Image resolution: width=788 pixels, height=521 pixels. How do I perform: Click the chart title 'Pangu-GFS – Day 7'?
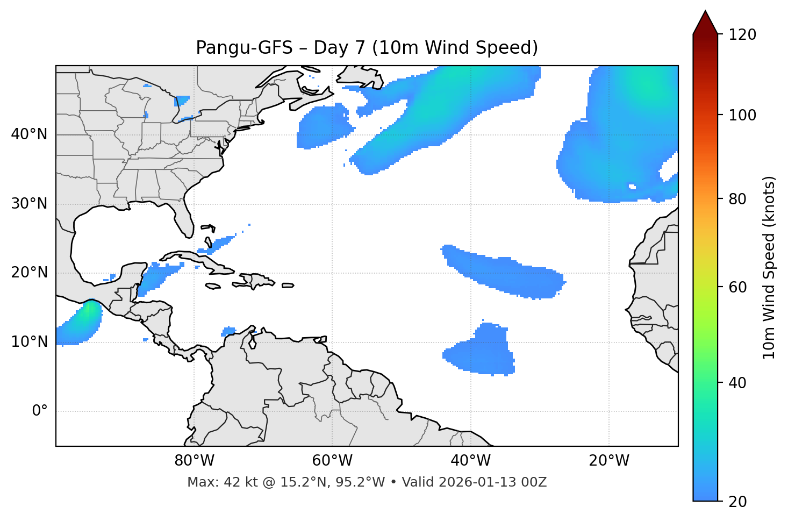pyautogui.click(x=367, y=48)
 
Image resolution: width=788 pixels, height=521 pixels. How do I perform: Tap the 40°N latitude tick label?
pyautogui.click(x=29, y=134)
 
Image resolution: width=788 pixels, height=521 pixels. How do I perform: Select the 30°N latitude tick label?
pyautogui.click(x=29, y=204)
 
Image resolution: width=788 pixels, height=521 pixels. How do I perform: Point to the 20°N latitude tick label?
pyautogui.click(x=29, y=273)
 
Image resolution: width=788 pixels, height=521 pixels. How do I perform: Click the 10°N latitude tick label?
pyautogui.click(x=29, y=342)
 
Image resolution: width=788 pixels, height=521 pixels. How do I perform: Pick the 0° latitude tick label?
pyautogui.click(x=40, y=411)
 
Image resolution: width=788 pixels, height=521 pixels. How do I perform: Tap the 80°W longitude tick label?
pyautogui.click(x=194, y=461)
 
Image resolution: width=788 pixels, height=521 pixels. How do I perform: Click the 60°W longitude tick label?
pyautogui.click(x=332, y=461)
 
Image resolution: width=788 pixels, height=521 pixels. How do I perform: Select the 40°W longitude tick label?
pyautogui.click(x=470, y=461)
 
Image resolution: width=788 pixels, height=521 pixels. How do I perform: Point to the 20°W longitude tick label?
pyautogui.click(x=608, y=461)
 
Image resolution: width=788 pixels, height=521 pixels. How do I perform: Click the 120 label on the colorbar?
pyautogui.click(x=742, y=35)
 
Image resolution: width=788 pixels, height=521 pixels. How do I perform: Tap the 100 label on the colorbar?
pyautogui.click(x=742, y=115)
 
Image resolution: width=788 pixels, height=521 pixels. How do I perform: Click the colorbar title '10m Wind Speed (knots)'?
pyautogui.click(x=769, y=267)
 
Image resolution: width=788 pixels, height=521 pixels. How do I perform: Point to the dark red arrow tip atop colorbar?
pyautogui.click(x=705, y=22)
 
